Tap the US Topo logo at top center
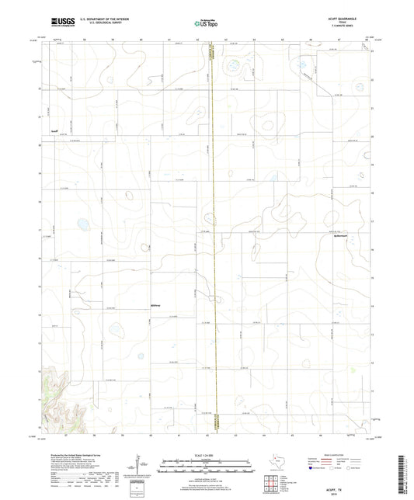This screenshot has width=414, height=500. pos(207,24)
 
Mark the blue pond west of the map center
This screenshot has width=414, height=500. pos(82,224)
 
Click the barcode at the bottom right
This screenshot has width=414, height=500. pos(403,474)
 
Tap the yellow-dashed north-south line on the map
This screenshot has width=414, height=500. pos(213,233)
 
